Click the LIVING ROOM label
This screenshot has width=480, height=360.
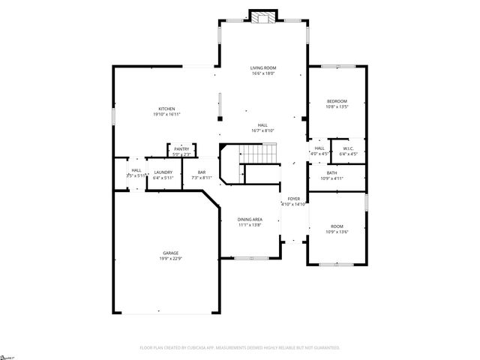[262, 68]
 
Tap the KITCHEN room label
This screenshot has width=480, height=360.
[166, 109]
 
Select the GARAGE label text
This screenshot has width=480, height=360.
[169, 253]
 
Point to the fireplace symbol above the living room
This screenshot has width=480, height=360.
[262, 18]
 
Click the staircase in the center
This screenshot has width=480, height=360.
[256, 154]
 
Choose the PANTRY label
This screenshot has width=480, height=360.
[181, 149]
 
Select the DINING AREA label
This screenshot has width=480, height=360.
[250, 220]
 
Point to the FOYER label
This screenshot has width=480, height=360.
[293, 199]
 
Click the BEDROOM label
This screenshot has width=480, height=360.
[337, 101]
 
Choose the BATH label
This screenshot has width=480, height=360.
[331, 173]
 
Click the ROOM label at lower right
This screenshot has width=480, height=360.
[337, 226]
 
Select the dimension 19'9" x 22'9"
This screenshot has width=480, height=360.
[169, 259]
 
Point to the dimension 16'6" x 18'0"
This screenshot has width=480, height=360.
[262, 73]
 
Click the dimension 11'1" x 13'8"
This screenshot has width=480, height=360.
[250, 225]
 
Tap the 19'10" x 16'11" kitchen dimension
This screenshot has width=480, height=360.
[166, 114]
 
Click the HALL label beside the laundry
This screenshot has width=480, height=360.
[136, 170]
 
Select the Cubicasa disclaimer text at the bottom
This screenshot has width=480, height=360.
[240, 348]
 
